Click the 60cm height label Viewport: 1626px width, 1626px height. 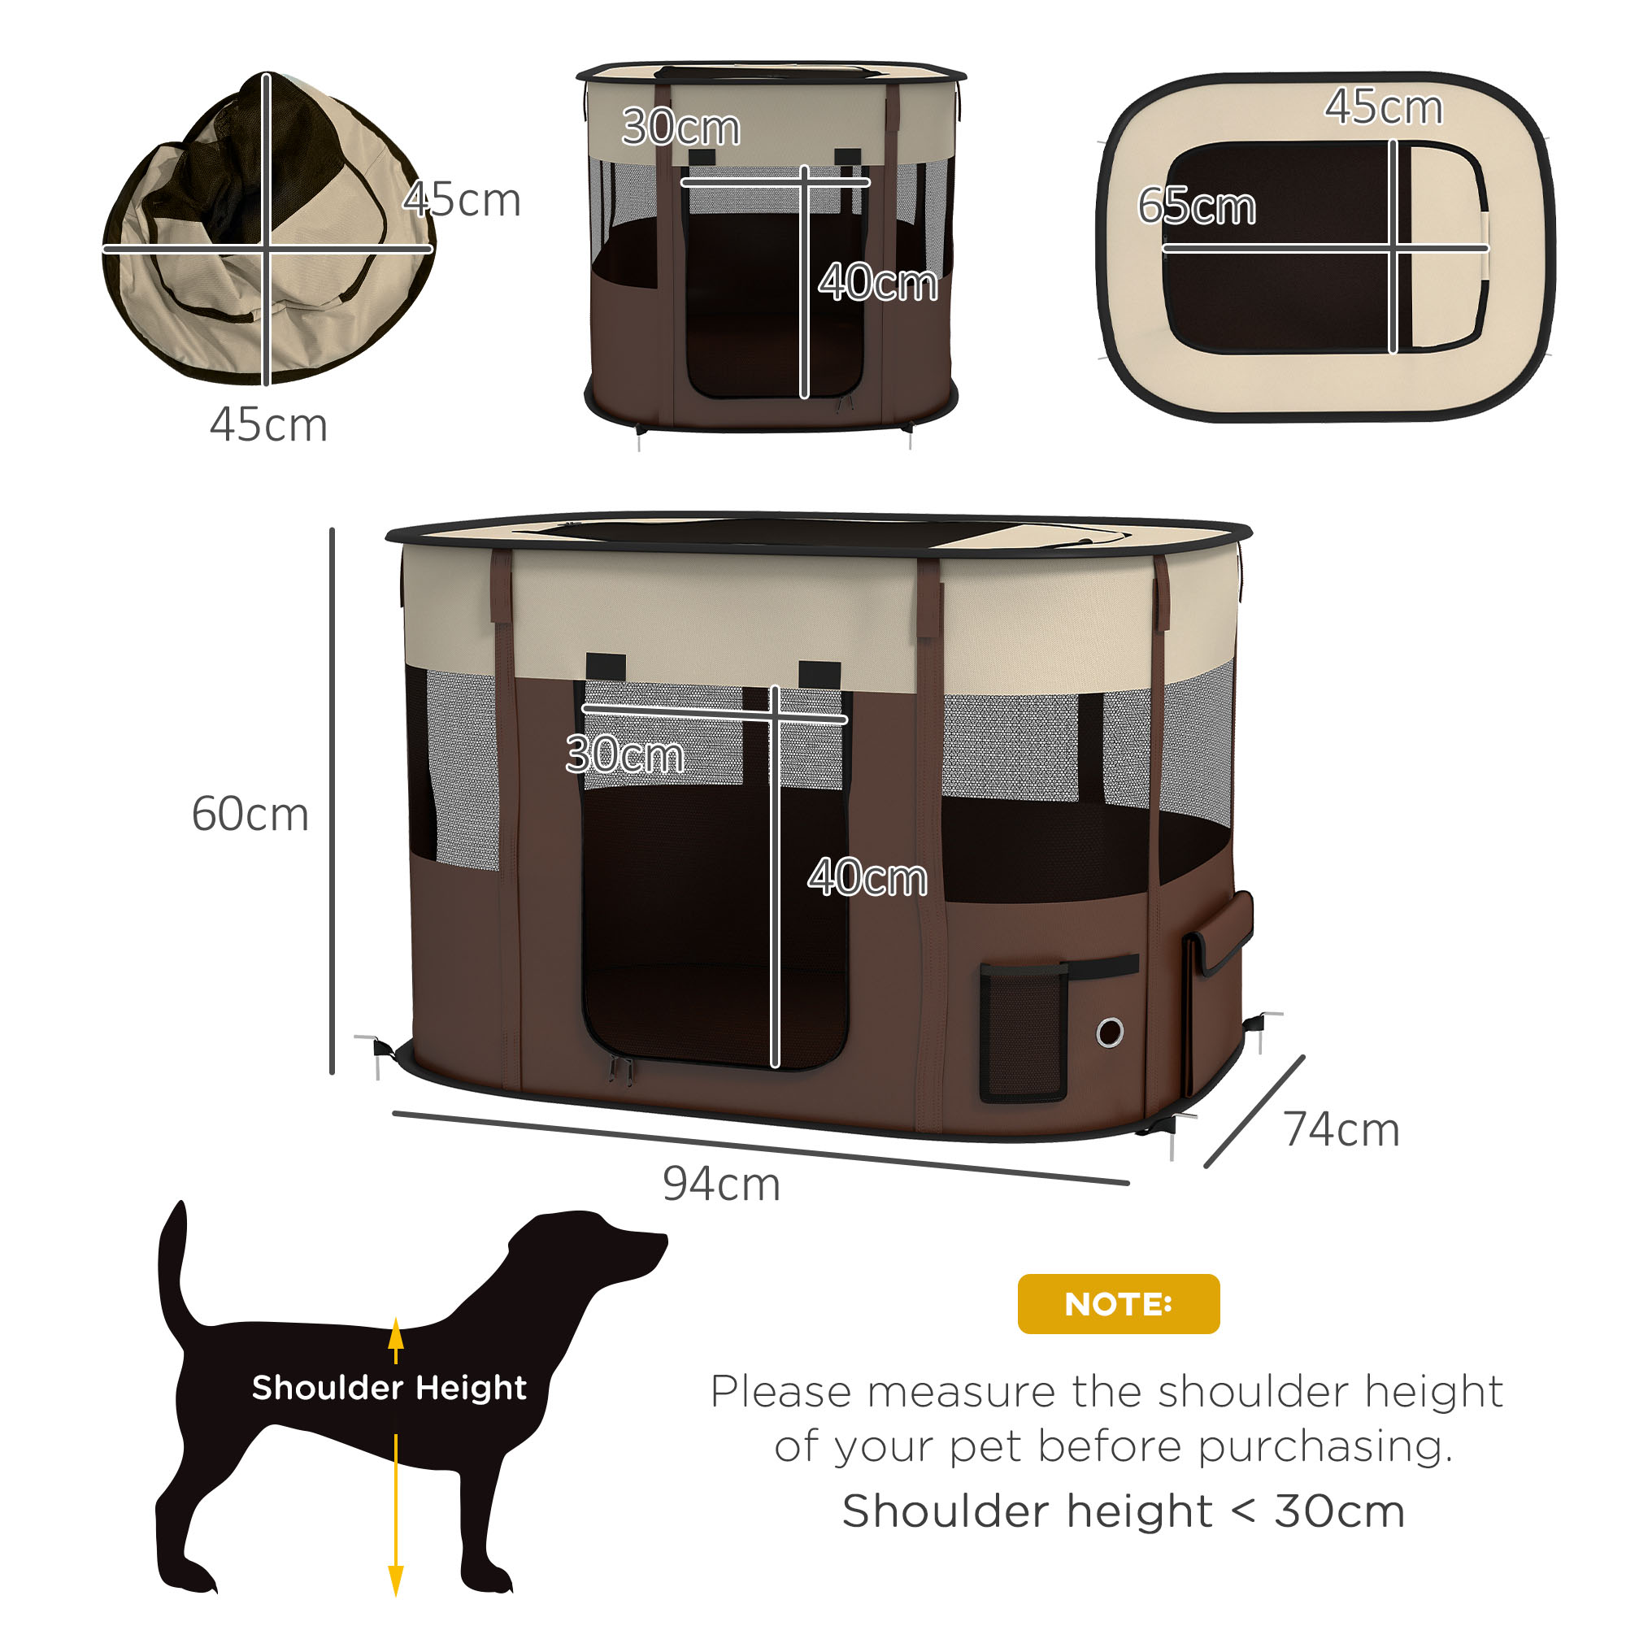point(250,815)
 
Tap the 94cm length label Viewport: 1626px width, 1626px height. point(721,1185)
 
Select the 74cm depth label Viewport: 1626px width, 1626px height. point(1341,1130)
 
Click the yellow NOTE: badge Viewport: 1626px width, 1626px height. point(1118,1304)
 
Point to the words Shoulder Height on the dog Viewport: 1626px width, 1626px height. point(389,1387)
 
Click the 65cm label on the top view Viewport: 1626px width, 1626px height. point(1196,207)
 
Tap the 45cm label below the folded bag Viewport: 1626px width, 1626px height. point(268,425)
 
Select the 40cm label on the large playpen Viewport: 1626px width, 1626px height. point(867,878)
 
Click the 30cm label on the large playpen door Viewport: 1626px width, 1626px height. point(624,754)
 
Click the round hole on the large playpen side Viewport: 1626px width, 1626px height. point(1110,1032)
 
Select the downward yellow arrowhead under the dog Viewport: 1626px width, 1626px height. point(396,1579)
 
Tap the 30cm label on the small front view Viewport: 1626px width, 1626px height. point(680,128)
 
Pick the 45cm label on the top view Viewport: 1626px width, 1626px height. point(1384,108)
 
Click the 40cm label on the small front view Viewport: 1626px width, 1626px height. point(877,283)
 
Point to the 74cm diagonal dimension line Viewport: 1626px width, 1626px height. point(1254,1111)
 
